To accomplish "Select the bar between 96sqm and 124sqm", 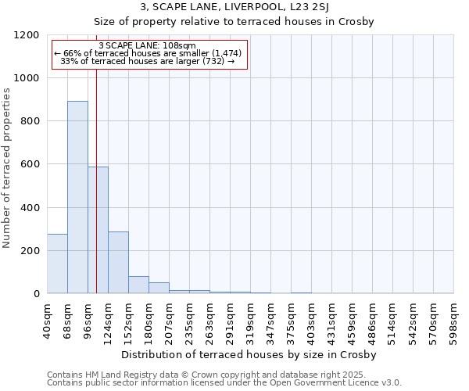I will click(x=98, y=230).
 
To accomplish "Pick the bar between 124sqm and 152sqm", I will click(x=118, y=262).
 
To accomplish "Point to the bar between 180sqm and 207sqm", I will click(x=159, y=288).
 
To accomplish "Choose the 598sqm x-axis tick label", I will click(x=453, y=317).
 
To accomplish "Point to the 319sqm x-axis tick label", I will click(x=250, y=317).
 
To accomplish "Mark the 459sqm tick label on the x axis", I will click(x=352, y=317).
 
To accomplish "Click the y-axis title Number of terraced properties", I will click(x=8, y=168).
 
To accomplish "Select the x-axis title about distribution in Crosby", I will click(x=249, y=354).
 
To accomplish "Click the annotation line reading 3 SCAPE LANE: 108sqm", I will click(x=148, y=46).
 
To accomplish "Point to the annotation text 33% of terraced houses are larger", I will click(x=148, y=61).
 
